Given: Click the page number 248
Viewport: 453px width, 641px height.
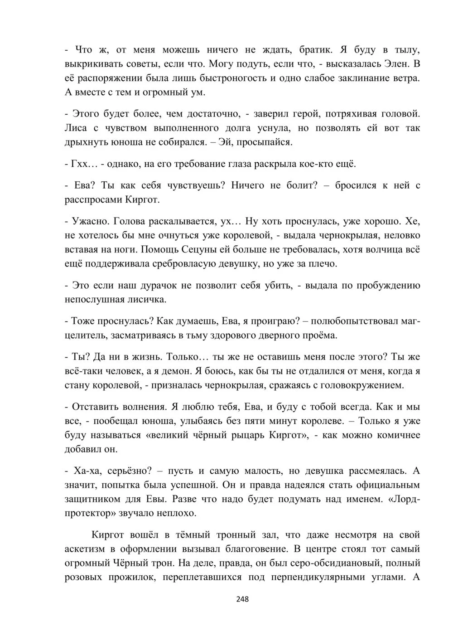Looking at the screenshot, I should point(242,599).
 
